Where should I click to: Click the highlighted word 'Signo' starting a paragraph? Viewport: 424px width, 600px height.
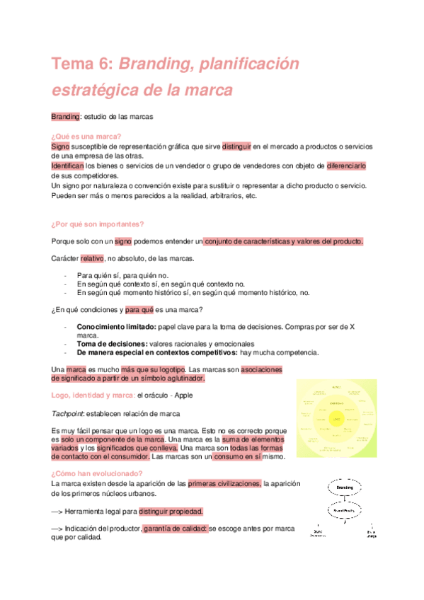(60, 146)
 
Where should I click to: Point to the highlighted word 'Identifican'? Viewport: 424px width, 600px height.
(67, 166)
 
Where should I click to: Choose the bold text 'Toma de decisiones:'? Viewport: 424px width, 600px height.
(111, 343)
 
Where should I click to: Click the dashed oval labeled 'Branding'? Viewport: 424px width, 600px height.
(345, 487)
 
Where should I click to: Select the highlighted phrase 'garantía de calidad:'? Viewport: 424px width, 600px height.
(175, 528)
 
